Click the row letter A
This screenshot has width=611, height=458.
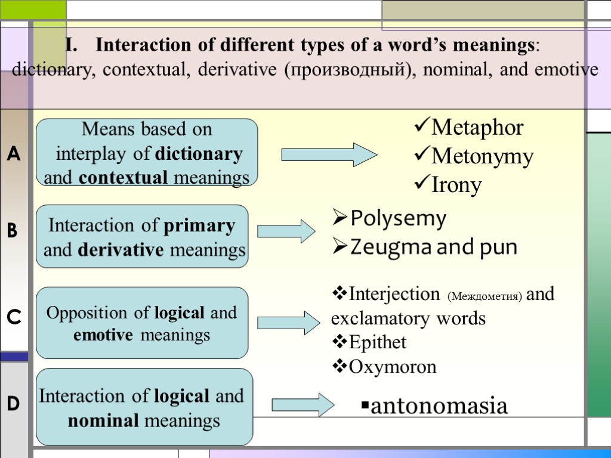[x=14, y=156]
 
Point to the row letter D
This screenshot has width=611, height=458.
[x=14, y=404]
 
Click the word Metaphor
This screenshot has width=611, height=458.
[x=477, y=128]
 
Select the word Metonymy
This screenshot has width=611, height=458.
[x=482, y=157]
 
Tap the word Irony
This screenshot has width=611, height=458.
[x=456, y=185]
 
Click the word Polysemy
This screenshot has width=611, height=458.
[x=398, y=219]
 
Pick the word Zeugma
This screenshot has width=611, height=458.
[x=381, y=247]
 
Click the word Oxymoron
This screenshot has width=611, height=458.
[x=393, y=366]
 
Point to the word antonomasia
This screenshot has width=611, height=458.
[x=439, y=406]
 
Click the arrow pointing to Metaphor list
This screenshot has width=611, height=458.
[x=329, y=154]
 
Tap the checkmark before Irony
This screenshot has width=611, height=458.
[x=421, y=185]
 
